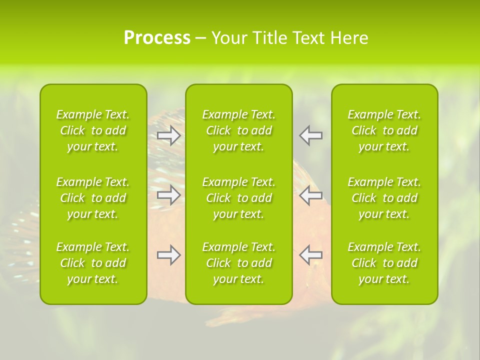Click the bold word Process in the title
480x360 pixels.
coord(157,38)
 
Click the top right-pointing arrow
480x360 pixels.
coord(168,135)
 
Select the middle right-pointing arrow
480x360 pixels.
coord(168,195)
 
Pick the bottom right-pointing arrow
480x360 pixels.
coord(168,255)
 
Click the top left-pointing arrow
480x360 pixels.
coord(310,135)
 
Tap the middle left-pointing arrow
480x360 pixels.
coord(310,195)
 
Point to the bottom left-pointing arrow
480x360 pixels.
coord(310,255)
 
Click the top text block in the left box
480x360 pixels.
coord(93,130)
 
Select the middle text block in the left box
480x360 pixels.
coord(93,198)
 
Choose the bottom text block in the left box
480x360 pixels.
coord(93,263)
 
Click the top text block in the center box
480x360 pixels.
coord(239,130)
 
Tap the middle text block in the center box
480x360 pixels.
coord(239,198)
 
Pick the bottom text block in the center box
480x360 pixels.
coord(239,263)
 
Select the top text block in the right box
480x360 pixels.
coord(384,130)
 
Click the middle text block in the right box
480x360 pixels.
coord(384,198)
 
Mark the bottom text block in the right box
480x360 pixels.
coord(384,263)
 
